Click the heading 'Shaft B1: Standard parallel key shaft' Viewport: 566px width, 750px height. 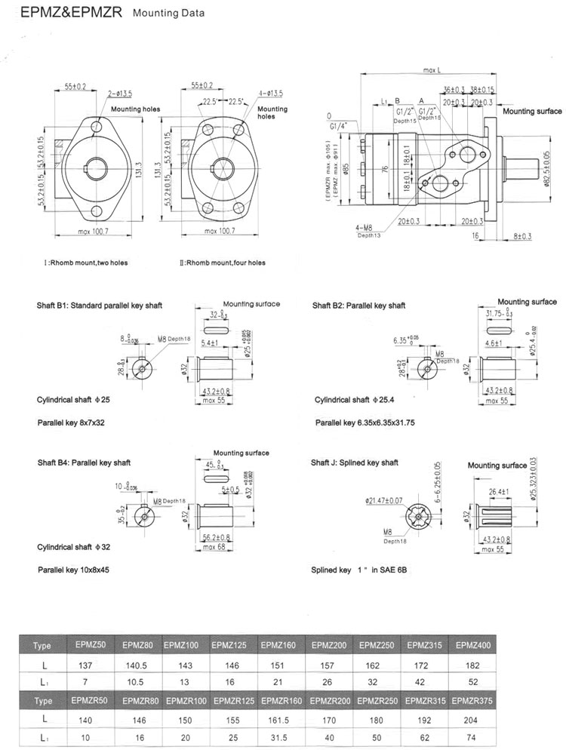[100, 306]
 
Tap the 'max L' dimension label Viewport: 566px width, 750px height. [432, 70]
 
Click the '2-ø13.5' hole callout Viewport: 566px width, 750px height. [120, 94]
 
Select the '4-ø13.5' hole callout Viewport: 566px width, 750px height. [269, 94]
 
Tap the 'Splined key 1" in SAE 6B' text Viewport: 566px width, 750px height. [360, 571]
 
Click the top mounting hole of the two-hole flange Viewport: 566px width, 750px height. [97, 129]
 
